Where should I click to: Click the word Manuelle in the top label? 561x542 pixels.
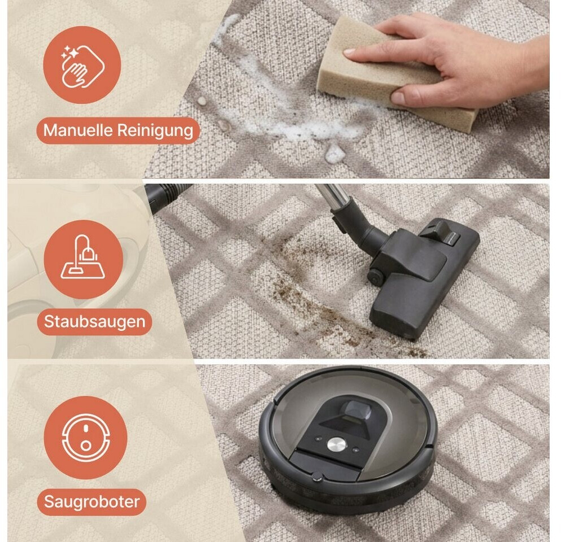(78, 130)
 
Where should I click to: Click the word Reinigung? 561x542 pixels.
(155, 131)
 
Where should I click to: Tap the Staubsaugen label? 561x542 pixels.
(94, 322)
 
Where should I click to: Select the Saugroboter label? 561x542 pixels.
(92, 502)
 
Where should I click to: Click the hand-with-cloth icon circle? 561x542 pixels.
(82, 65)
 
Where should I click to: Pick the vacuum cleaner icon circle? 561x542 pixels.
(84, 259)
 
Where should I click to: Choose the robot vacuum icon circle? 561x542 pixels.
(85, 437)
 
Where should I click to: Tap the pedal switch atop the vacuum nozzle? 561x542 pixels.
(441, 233)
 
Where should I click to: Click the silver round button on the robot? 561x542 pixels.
(337, 444)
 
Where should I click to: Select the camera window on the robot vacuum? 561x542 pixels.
(355, 410)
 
